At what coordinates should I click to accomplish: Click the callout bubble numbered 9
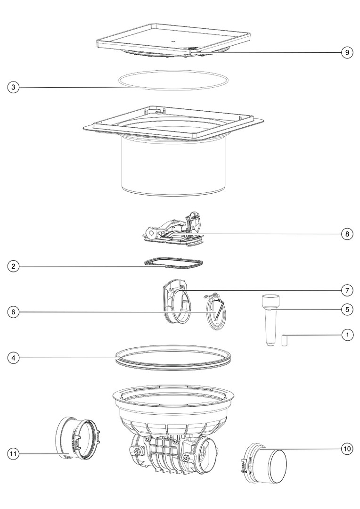click(347, 53)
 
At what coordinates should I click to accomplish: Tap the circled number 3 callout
click(13, 87)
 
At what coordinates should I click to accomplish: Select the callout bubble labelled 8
click(347, 234)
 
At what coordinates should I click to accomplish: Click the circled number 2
click(13, 266)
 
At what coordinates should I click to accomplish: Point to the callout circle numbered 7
click(347, 290)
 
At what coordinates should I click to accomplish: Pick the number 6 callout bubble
click(13, 312)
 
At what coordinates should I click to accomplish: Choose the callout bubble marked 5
click(347, 309)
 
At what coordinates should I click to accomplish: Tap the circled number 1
click(347, 334)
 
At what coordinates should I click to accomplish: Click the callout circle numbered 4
click(13, 358)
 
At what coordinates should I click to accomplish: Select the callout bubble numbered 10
click(347, 449)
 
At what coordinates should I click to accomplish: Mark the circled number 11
click(13, 453)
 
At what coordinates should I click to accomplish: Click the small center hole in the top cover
click(173, 41)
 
